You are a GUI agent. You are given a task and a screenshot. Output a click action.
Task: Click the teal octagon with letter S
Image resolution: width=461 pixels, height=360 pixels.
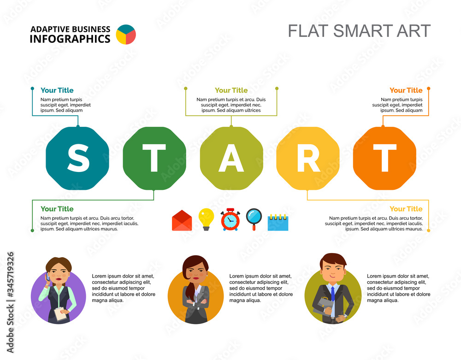77,158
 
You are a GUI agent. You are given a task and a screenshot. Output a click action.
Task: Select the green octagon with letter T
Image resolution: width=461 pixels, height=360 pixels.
154,158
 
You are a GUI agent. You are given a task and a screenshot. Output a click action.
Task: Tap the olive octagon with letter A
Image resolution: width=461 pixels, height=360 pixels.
231,158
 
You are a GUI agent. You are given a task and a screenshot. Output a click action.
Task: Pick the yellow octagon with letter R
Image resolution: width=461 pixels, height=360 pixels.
307,158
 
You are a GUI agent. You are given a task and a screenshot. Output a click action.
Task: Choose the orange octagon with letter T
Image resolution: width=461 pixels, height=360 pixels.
384,158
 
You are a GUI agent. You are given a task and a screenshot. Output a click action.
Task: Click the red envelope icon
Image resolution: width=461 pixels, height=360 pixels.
182,220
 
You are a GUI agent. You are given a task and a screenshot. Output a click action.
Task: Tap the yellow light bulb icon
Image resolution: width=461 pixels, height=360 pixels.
206,218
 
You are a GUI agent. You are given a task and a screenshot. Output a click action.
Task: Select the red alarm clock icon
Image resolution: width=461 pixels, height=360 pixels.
230,219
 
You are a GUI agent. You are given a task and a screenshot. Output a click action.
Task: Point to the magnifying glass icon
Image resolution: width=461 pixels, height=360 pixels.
254,218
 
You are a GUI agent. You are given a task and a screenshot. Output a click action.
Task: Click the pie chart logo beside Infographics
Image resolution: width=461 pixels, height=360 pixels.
125,35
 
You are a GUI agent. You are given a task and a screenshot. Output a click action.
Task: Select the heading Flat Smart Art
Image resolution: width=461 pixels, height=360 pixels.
359,31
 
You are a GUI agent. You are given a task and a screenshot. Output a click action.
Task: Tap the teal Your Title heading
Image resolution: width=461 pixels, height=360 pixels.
57,90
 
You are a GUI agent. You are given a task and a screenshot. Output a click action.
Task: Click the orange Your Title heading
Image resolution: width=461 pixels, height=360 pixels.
406,90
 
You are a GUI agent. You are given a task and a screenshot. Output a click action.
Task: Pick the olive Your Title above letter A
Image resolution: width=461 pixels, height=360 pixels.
231,90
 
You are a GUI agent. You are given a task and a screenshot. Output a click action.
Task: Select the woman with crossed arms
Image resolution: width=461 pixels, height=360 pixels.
195,290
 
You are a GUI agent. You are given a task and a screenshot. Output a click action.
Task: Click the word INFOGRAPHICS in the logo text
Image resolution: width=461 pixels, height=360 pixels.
70,39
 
